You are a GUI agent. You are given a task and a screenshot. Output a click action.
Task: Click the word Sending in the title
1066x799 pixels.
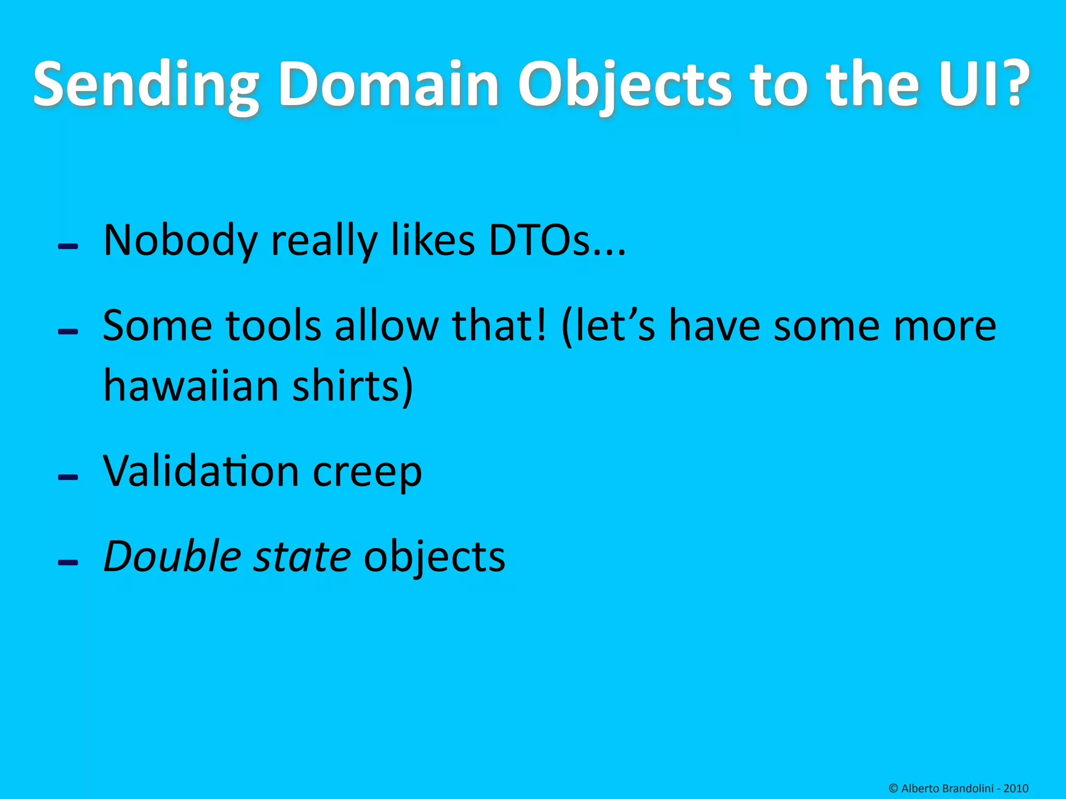click(146, 85)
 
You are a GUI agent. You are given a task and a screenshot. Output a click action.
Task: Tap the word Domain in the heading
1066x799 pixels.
click(388, 85)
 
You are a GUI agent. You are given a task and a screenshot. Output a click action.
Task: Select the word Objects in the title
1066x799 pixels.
click(625, 85)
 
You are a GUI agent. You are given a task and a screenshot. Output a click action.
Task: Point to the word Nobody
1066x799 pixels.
click(180, 240)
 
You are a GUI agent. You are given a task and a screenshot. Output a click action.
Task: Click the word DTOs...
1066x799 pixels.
click(557, 240)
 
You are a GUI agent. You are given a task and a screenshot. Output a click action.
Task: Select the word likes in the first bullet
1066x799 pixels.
click(433, 240)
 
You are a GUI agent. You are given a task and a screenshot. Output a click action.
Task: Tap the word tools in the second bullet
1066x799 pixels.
click(274, 326)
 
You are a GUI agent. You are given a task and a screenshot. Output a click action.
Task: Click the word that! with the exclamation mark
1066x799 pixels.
click(500, 326)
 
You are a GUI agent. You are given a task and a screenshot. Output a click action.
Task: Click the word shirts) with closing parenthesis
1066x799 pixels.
click(352, 385)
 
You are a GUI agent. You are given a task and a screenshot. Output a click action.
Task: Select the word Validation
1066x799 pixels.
click(201, 471)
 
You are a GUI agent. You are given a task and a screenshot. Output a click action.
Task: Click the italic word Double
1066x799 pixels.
click(172, 557)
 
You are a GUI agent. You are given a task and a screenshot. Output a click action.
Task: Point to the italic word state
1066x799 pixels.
click(302, 557)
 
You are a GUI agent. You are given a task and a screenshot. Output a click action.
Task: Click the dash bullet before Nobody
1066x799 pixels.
click(68, 246)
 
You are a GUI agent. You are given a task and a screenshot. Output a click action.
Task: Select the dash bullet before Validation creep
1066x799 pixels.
click(68, 477)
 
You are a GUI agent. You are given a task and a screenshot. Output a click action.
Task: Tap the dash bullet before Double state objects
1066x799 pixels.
click(68, 562)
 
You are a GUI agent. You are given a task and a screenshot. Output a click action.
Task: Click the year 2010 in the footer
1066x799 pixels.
click(1016, 789)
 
